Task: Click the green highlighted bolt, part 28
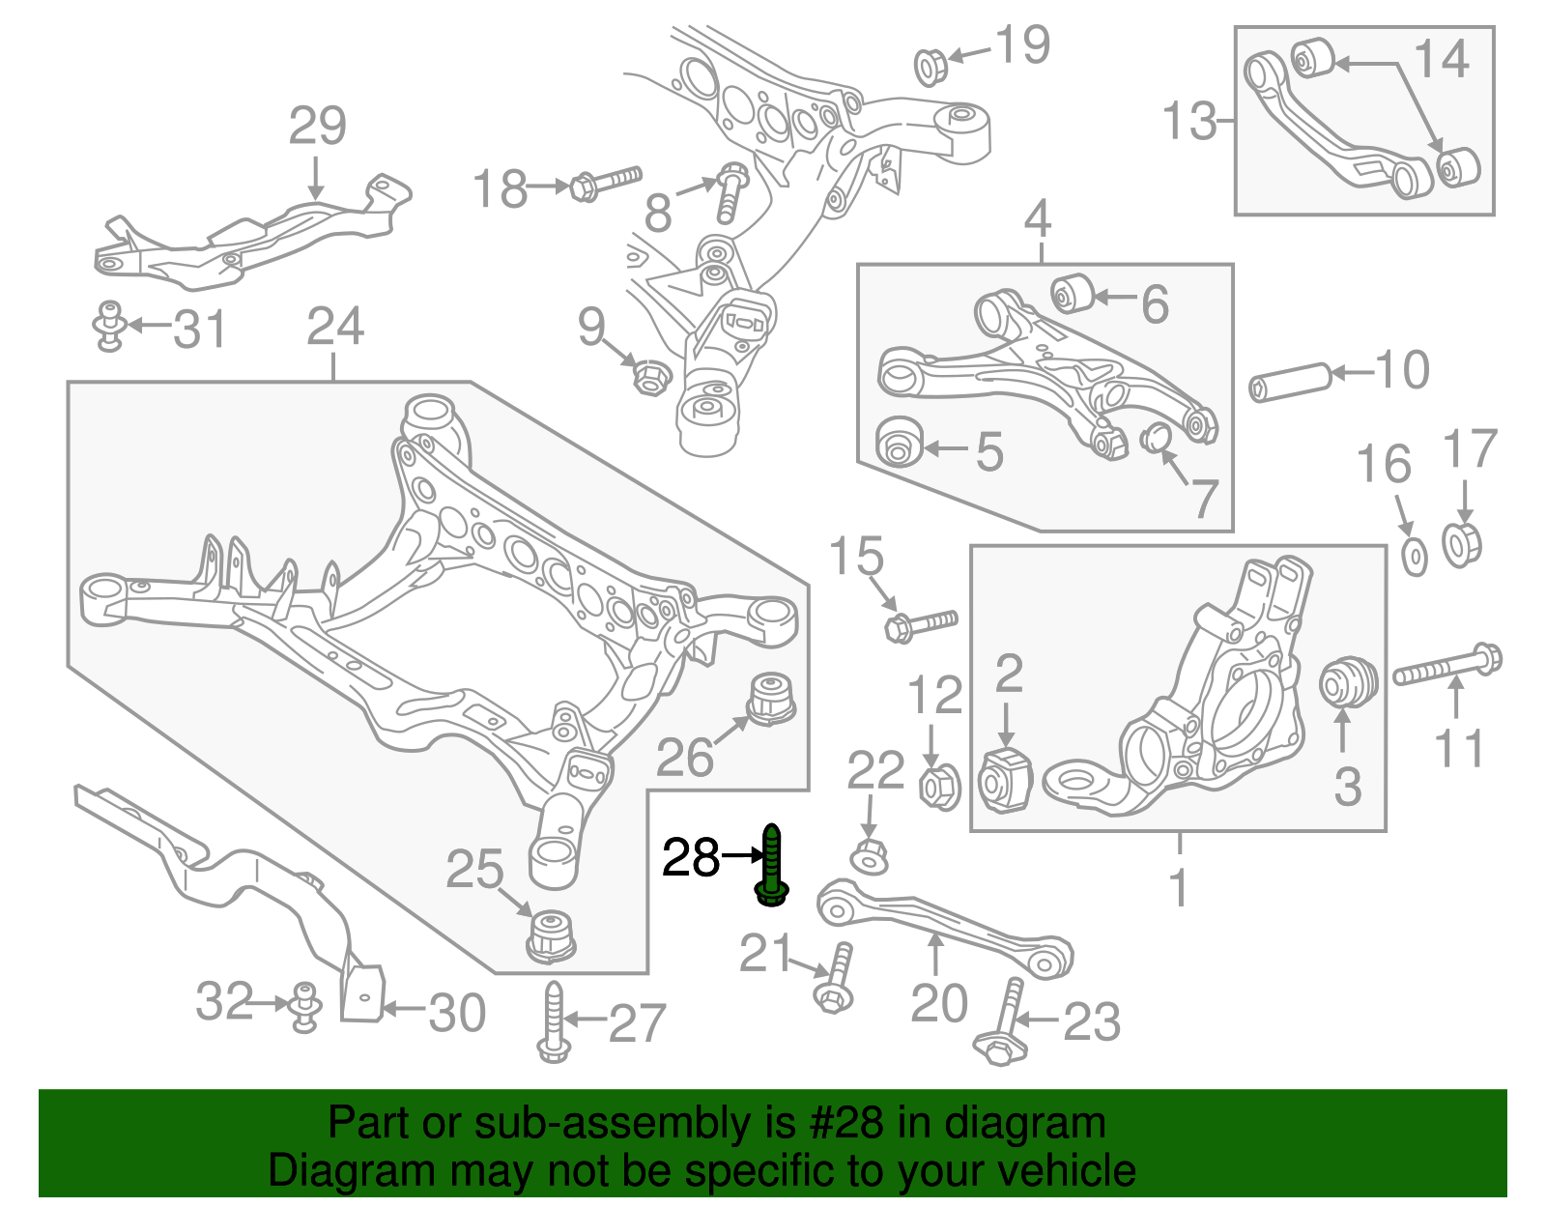(772, 865)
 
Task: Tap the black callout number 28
(691, 857)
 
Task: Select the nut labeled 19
(930, 68)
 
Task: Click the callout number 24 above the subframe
(334, 327)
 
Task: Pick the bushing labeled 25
(552, 934)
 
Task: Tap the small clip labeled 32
(305, 1007)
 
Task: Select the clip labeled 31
(111, 326)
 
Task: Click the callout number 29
(317, 127)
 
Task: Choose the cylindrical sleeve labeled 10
(1290, 381)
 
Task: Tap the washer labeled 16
(1414, 559)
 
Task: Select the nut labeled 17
(1461, 544)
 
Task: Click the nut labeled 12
(937, 787)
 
